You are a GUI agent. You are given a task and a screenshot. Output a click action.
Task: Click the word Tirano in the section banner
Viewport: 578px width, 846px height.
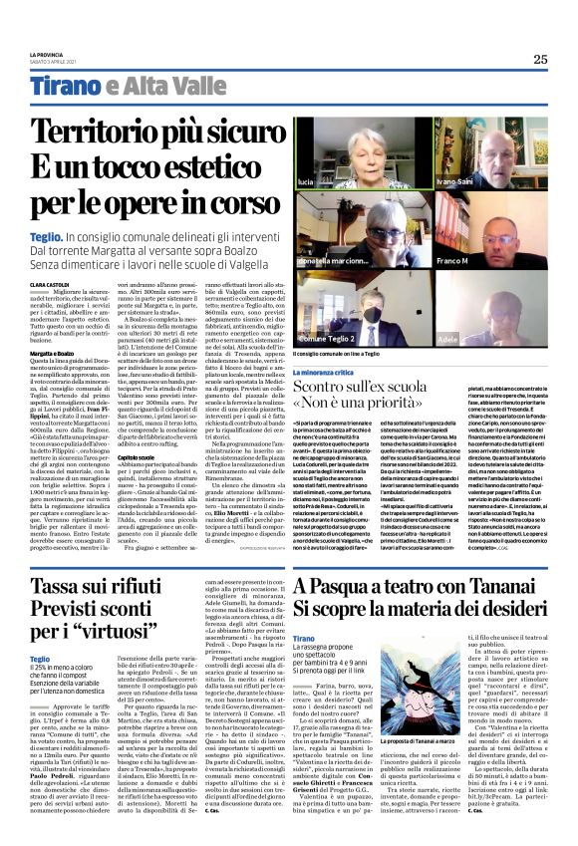64,88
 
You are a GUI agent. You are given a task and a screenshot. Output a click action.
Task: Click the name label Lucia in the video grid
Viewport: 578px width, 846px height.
306,182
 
